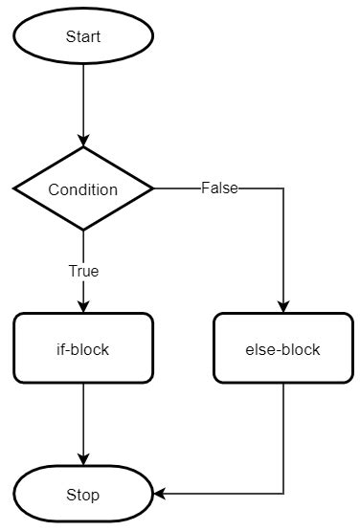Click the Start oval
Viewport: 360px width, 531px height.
[83, 36]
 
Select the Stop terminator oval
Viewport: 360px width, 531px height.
[83, 495]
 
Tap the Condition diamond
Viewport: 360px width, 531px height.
[83, 188]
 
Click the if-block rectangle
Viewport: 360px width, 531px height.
[83, 349]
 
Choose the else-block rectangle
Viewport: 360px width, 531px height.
[283, 349]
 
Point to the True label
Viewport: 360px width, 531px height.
[83, 271]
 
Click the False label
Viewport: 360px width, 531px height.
[219, 188]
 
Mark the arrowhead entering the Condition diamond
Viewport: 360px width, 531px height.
[83, 142]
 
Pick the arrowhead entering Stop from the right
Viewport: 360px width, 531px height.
[160, 495]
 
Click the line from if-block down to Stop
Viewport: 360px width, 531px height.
[83, 421]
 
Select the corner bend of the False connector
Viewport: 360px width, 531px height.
[283, 188]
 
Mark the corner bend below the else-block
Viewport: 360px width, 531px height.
[283, 495]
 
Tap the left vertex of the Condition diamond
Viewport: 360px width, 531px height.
[14, 188]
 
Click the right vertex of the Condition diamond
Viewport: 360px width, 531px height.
[152, 188]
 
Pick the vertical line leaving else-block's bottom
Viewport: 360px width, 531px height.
[283, 435]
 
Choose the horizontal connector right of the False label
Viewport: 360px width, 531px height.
[260, 188]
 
